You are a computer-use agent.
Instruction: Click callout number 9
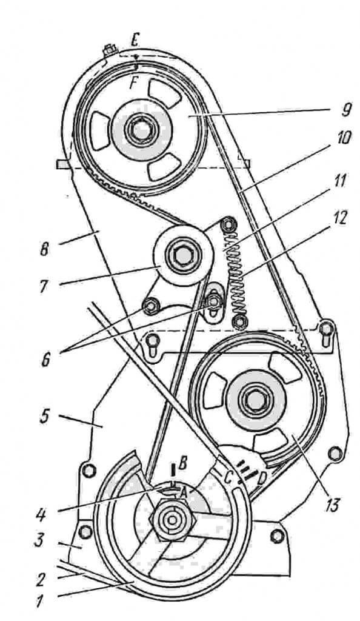click(x=346, y=109)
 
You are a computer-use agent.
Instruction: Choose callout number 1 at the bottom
click(x=39, y=602)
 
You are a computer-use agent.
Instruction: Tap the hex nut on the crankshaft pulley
click(x=172, y=520)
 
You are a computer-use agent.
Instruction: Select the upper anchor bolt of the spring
click(x=228, y=225)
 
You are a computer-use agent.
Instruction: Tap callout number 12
click(x=339, y=218)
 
